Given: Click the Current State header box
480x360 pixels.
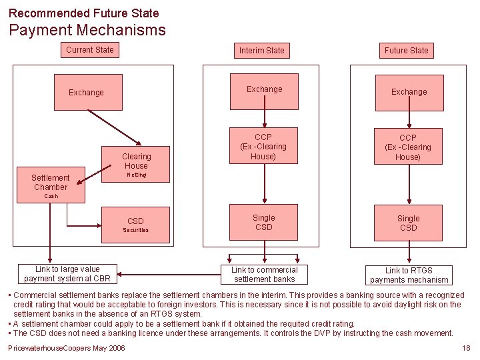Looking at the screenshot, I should pos(89,50).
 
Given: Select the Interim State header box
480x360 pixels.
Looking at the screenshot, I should pos(261,51).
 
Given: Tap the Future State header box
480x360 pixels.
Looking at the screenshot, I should pos(406,51).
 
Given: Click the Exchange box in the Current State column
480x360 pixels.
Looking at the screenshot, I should pos(87,93).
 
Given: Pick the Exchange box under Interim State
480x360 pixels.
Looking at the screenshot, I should pos(264,90).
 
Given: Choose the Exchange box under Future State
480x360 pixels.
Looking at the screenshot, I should pos(409,92).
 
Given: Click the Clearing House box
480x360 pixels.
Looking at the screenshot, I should pos(136,163).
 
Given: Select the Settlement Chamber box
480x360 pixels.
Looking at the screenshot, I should pos(50,183).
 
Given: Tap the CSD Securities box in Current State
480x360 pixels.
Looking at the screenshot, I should pos(136,225).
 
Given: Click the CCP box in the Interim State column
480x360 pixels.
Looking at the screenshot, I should pos(263,147).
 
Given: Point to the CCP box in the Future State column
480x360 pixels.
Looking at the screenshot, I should pos(408,147).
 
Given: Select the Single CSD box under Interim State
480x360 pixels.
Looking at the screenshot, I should pos(263,223).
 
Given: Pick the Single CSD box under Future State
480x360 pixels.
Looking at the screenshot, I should pos(408,223).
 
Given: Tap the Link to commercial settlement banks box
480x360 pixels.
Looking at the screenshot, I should pos(263,275).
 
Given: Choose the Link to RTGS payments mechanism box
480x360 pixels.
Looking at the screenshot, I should pos(409,275).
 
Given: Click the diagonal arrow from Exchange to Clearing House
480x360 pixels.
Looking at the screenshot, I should pos(113,126).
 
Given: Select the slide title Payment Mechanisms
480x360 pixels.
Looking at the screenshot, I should pos(87,30).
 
